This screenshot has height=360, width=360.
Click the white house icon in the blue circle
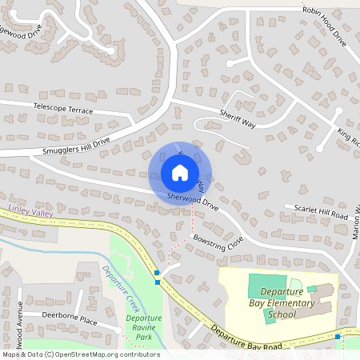point(180,173)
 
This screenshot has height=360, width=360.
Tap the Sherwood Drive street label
point(193,200)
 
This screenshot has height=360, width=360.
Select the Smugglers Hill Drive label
point(77,146)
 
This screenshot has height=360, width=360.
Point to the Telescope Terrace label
point(63,108)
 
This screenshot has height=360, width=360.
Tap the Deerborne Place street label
point(70,318)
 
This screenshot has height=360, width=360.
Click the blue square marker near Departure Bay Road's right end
point(338,337)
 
